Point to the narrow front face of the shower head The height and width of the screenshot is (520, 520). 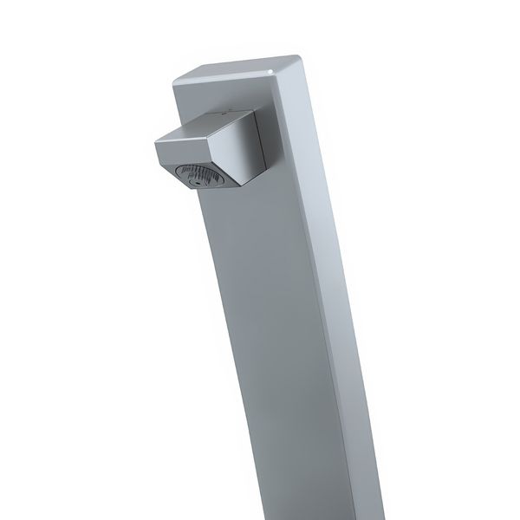[183, 152]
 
